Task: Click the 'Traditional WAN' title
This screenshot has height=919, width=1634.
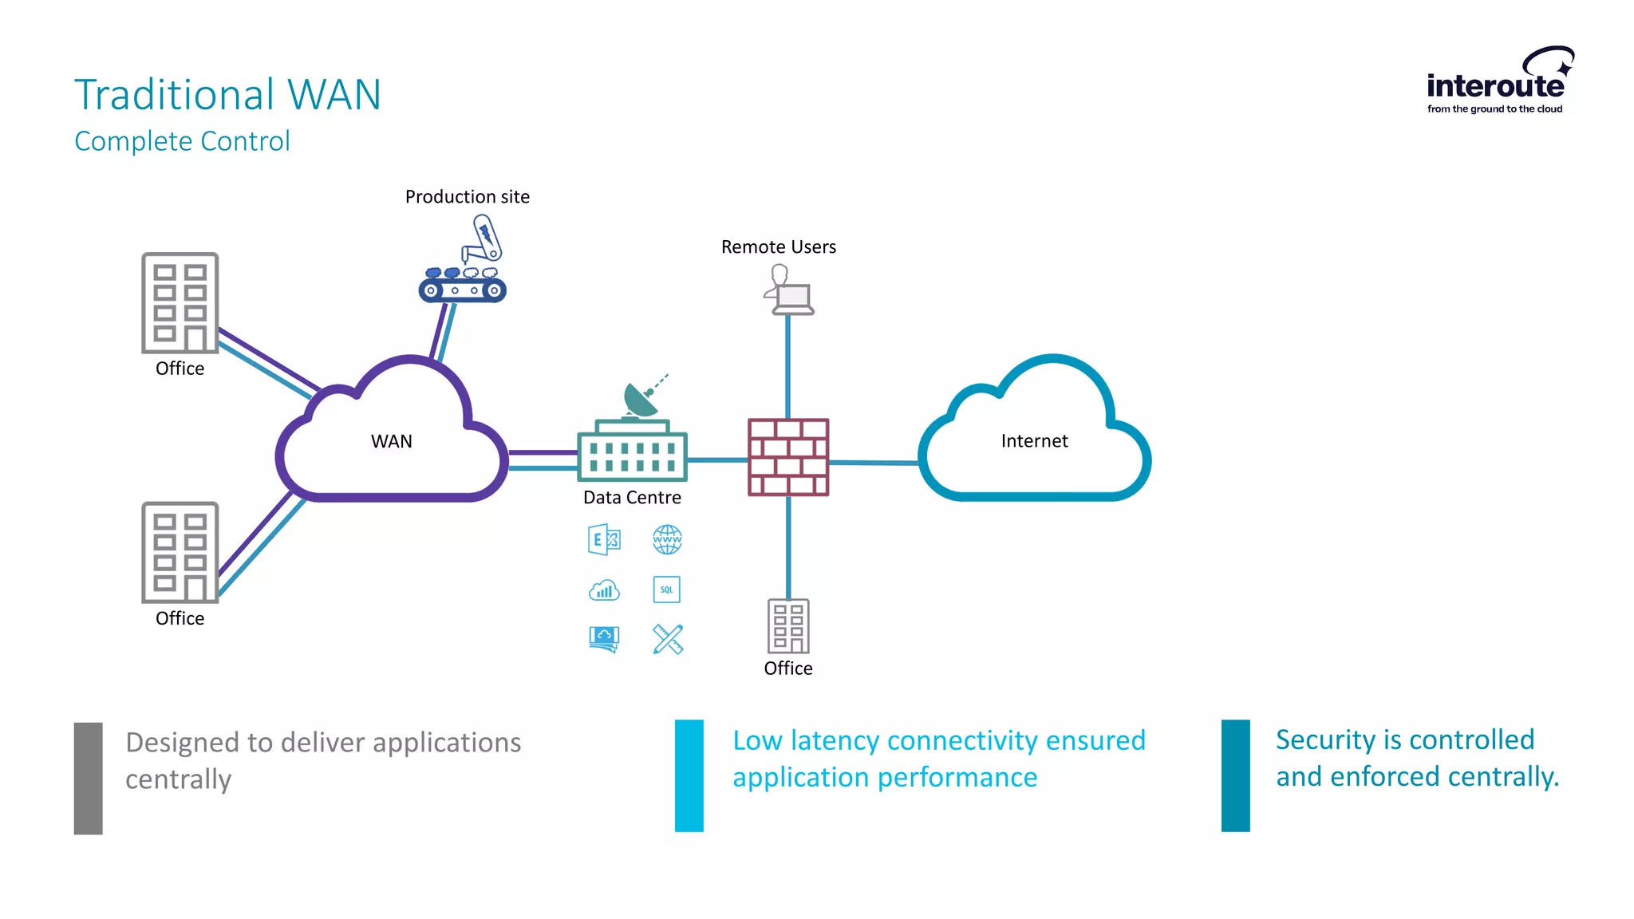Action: coord(227,94)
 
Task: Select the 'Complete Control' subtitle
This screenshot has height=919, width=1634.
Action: coord(182,141)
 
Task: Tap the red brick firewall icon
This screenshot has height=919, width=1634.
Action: coord(787,457)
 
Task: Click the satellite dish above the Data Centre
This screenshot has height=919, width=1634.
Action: coord(643,397)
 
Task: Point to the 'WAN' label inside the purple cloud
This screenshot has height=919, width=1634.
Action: coord(391,441)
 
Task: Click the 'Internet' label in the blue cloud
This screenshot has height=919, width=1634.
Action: coord(1034,440)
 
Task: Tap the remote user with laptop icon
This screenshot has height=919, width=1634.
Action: coord(787,290)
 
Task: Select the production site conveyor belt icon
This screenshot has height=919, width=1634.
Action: coord(463,286)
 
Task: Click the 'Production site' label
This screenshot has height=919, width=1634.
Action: coord(467,196)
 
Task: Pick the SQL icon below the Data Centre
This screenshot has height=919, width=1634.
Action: coord(666,590)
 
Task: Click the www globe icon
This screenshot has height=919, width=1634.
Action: coord(667,539)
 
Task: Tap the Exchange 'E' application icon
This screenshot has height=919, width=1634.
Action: coord(604,539)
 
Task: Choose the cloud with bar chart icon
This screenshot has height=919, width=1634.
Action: coord(604,590)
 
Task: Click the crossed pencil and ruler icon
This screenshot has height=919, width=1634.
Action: coord(668,639)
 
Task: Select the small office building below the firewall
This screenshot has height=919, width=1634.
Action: coord(787,626)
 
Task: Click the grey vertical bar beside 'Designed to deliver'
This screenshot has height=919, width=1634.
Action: coord(88,778)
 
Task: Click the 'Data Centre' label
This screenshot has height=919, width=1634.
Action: coord(632,498)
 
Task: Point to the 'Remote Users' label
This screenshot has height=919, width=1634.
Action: coord(778,247)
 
